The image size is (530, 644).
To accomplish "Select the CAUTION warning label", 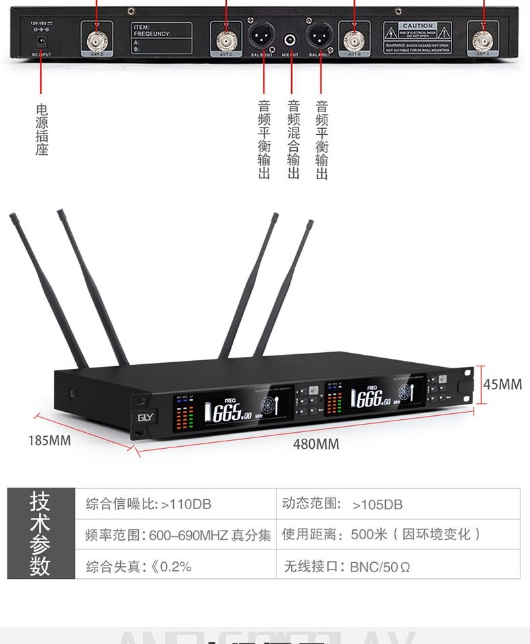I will (417, 37).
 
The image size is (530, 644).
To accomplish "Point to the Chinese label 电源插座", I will (42, 129).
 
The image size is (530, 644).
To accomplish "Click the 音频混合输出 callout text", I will (293, 139).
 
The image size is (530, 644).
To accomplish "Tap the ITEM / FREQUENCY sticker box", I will (161, 38).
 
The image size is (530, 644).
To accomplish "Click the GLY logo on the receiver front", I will (145, 416).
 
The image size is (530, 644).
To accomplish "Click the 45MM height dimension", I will (502, 384).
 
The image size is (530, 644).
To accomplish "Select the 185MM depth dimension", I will (49, 441).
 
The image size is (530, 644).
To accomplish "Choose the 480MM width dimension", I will (316, 444).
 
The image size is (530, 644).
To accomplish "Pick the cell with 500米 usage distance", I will (398, 535).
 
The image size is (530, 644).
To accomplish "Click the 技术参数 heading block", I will (40, 535).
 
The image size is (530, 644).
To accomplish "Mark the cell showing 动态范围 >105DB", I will (398, 504).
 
